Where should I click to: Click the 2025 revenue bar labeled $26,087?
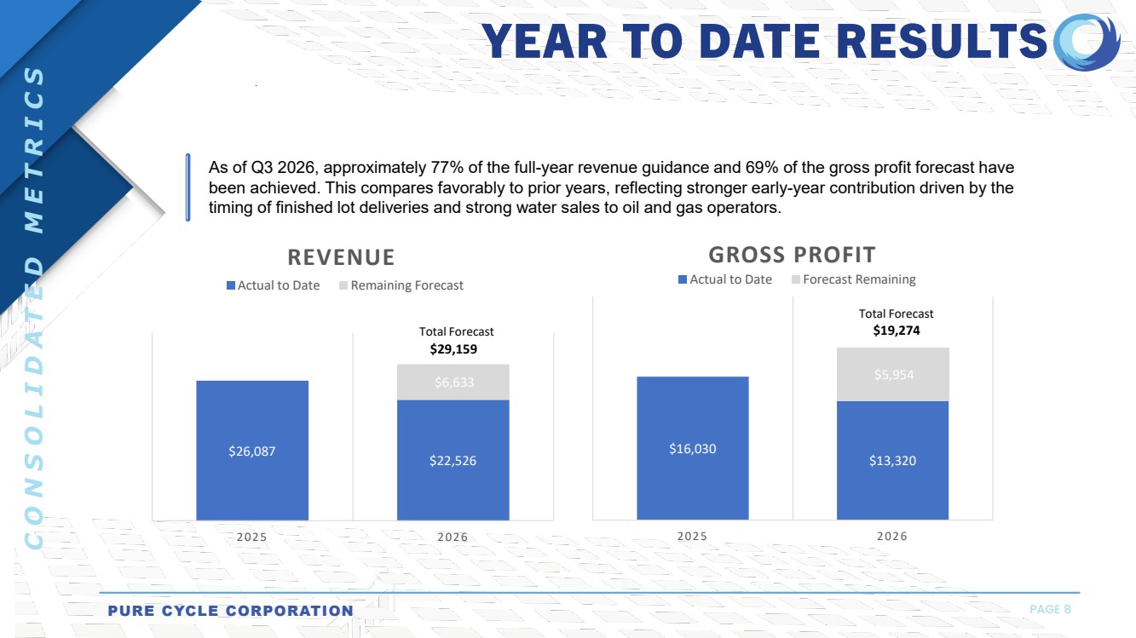coord(252,450)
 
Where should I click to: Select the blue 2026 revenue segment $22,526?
coord(453,460)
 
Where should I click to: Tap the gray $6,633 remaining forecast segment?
coord(453,382)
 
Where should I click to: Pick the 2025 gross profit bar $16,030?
coord(693,448)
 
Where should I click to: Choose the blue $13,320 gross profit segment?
coord(892,460)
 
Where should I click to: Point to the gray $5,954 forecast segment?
coord(892,375)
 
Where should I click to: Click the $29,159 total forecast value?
coord(453,349)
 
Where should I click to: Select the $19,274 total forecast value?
coord(897,330)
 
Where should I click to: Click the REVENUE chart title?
coord(341,257)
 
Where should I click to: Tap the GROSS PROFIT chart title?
coord(792,255)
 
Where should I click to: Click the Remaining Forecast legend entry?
coord(401,285)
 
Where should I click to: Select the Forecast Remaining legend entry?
coord(854,279)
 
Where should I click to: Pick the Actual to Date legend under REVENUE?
coord(273,285)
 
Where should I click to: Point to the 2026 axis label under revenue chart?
coord(453,537)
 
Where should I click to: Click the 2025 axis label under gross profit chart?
coord(692,536)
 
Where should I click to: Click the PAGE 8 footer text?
coord(1050,609)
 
